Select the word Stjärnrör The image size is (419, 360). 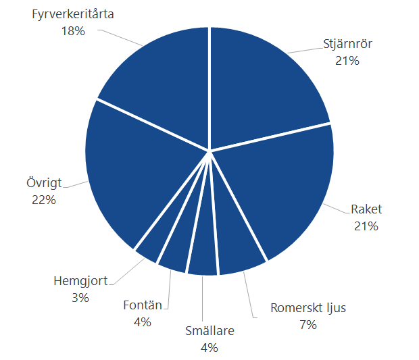[347, 45]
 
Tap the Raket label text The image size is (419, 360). [366, 209]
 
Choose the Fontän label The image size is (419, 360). [143, 305]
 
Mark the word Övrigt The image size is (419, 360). [43, 183]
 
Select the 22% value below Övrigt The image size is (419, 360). [43, 200]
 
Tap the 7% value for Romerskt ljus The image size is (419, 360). [308, 325]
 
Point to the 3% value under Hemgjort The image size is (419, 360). [80, 297]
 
